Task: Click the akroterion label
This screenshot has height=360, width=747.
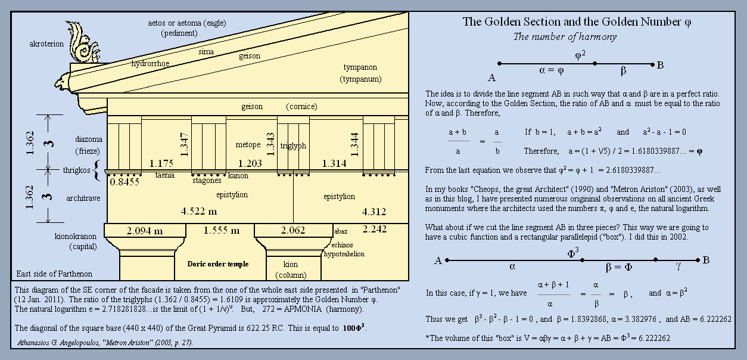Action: pos(46,44)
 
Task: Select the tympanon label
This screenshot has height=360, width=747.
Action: pos(360,67)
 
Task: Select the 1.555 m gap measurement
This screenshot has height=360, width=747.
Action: pos(221,231)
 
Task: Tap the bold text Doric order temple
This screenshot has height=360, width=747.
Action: pos(217,264)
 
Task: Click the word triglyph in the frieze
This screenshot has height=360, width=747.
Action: pos(293,145)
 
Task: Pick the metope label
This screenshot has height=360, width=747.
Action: pos(248,145)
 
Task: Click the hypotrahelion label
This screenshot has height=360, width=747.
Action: pos(344,254)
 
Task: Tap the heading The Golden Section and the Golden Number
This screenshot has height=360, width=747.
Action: pos(577,22)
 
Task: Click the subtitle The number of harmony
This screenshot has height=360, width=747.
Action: pos(565,37)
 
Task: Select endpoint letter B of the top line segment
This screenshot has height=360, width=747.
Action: pos(660,66)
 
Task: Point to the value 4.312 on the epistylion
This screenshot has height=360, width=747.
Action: pos(374,212)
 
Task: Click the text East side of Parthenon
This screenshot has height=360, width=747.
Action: pos(54,274)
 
